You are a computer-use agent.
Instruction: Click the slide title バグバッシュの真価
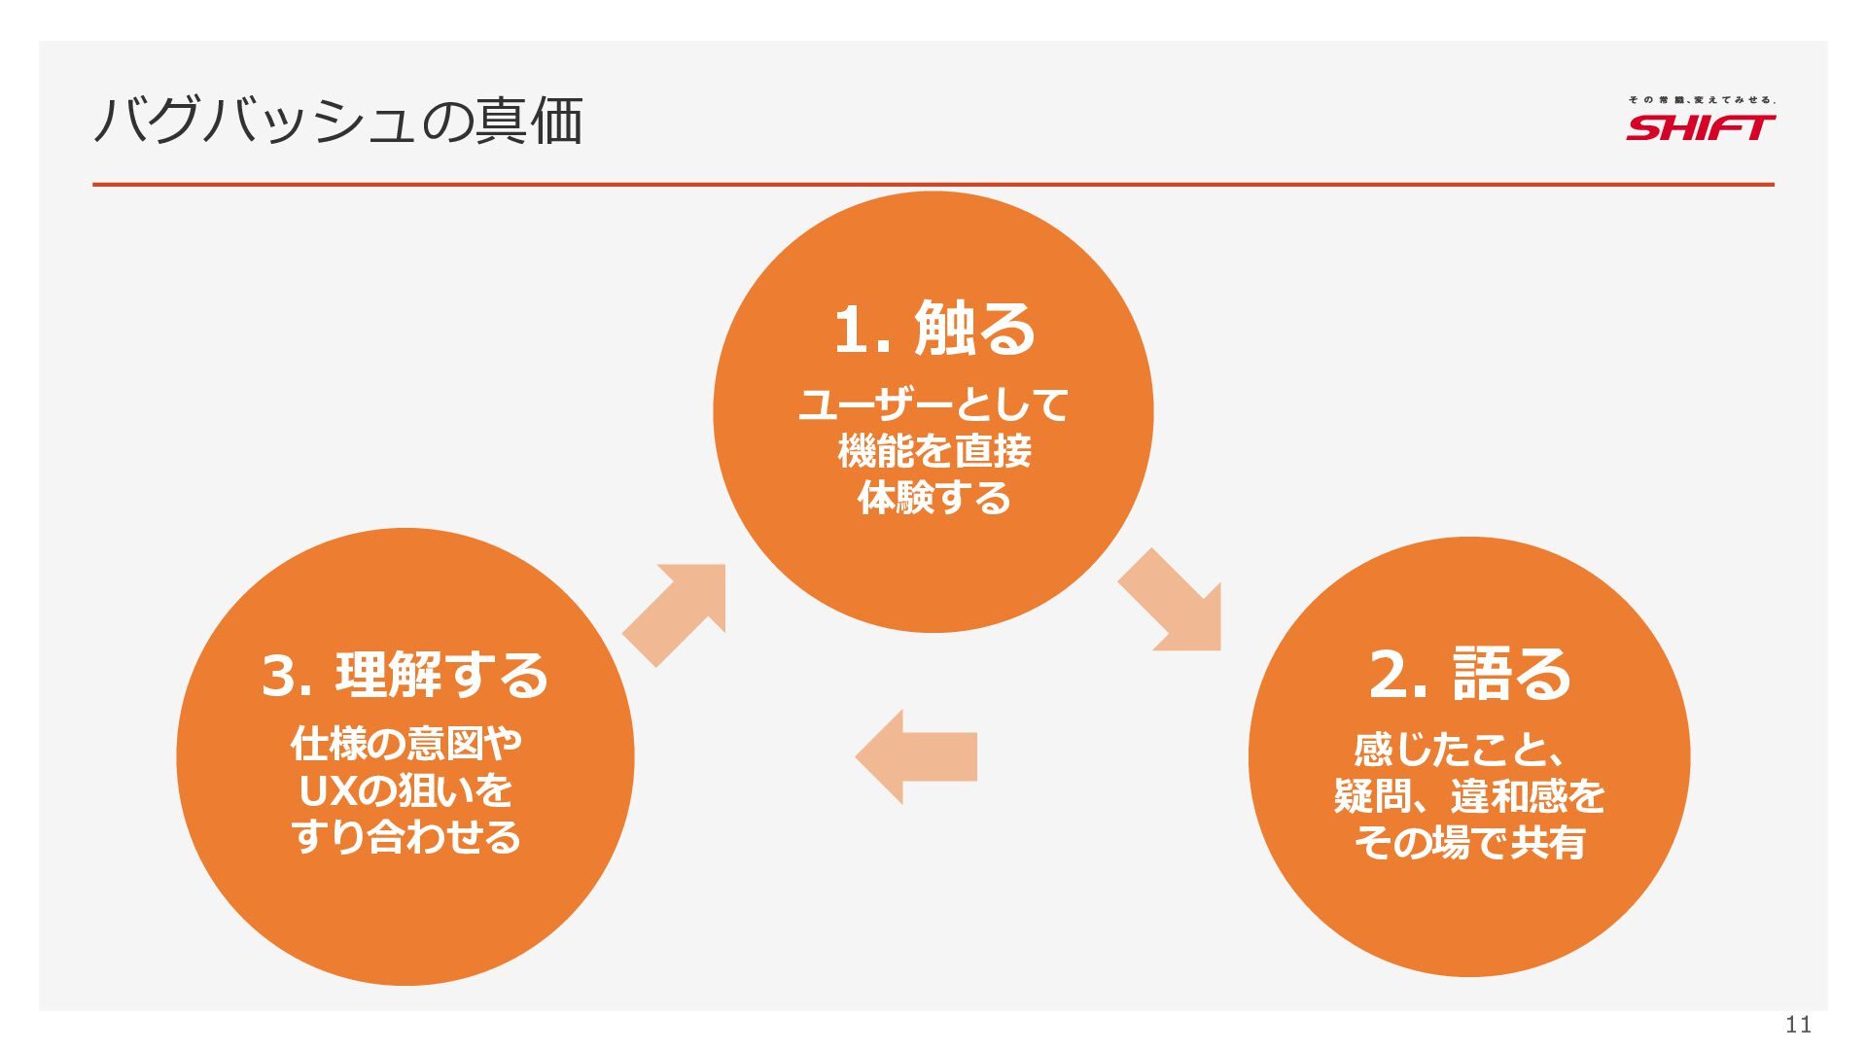(338, 122)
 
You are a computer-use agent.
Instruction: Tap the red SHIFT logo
(1701, 127)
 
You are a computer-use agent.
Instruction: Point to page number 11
(1798, 1024)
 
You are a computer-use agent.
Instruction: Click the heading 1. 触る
(934, 329)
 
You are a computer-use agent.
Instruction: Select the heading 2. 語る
(1469, 674)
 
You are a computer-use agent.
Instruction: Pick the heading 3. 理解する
(405, 675)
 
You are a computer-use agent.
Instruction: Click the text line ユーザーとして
(933, 404)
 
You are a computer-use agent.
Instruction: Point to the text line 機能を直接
(933, 451)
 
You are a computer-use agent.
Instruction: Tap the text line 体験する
(933, 498)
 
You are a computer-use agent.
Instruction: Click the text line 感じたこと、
(1459, 750)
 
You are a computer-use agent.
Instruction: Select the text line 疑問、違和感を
(1469, 796)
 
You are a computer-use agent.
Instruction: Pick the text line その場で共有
(1469, 843)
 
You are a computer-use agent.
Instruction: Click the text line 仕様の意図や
(405, 744)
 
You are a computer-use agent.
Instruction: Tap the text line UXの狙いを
(405, 790)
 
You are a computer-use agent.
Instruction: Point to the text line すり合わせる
(405, 837)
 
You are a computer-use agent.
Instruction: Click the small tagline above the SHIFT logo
(1702, 100)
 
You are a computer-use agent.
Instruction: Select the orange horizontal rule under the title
(933, 184)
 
